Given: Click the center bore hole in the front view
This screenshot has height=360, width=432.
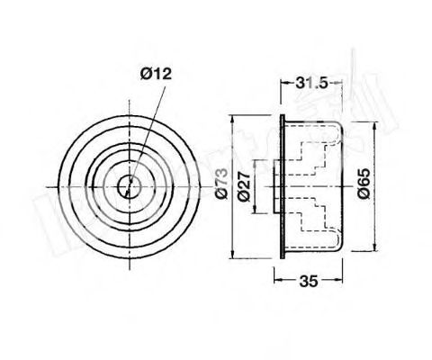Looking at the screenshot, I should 131,187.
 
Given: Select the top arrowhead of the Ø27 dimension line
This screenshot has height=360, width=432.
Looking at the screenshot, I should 254,161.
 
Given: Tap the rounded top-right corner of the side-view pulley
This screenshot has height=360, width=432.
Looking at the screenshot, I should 340,128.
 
